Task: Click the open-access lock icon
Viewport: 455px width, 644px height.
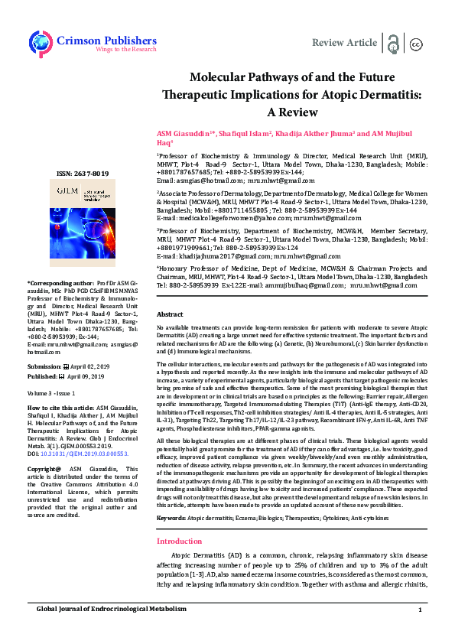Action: coord(393,43)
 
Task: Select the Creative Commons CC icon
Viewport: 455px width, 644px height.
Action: coord(417,44)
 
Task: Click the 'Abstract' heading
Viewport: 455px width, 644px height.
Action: coord(170,314)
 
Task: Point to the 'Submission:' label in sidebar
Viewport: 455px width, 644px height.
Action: coord(45,366)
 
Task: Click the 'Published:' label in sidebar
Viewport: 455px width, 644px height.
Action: coord(43,376)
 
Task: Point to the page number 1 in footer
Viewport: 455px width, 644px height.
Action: coord(420,630)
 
